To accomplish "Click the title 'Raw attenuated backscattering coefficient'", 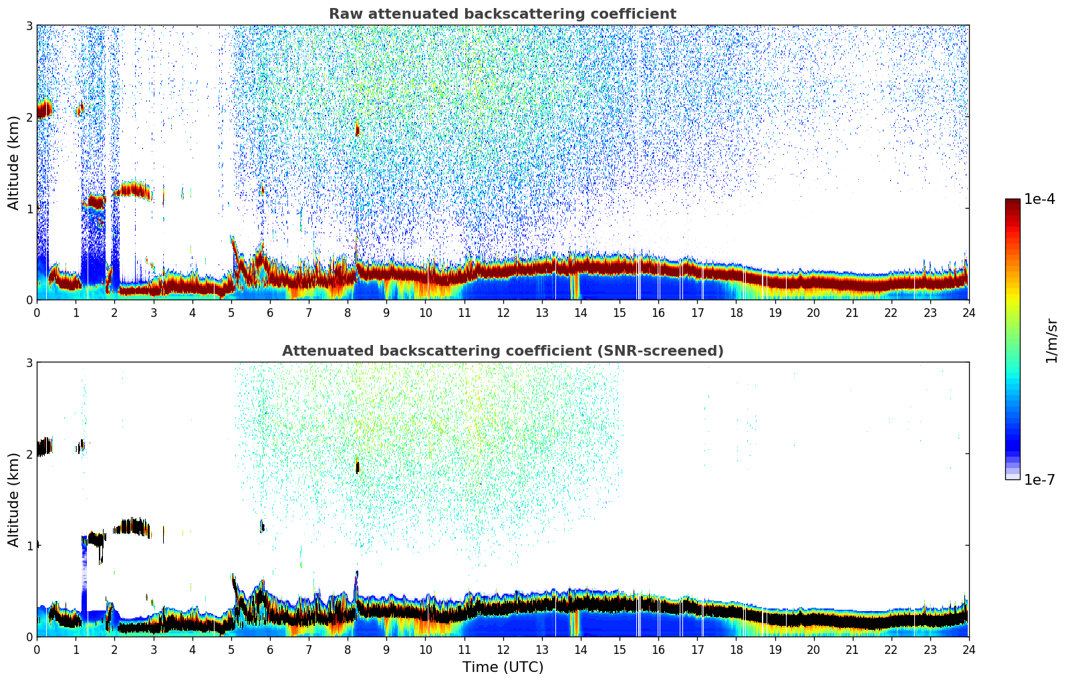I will (x=502, y=14).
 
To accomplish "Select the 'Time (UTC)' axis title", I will (x=503, y=667).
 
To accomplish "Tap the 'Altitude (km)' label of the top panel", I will (x=13, y=162).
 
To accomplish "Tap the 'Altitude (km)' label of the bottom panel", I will (x=13, y=499).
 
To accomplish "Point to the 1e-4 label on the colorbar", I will (x=1039, y=199).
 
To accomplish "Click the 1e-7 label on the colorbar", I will (x=1039, y=479).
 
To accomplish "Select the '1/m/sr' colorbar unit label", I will (x=1051, y=341).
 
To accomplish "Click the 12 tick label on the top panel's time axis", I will (x=503, y=313).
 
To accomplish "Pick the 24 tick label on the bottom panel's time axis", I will (x=968, y=650).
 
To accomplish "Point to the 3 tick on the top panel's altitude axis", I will (x=29, y=25).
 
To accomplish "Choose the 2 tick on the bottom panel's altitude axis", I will (x=29, y=454).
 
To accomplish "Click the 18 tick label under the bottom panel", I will (x=736, y=650).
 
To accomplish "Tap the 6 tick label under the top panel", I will (x=270, y=313).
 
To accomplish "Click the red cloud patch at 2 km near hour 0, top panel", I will (x=44, y=108).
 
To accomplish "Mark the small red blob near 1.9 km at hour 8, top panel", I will (x=357, y=129).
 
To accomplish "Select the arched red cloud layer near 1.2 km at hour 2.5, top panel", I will (x=134, y=190).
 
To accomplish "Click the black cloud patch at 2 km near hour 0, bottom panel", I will (x=44, y=446).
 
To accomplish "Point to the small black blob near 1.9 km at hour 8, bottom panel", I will (x=357, y=467).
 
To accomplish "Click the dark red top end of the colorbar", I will (x=1013, y=203).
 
